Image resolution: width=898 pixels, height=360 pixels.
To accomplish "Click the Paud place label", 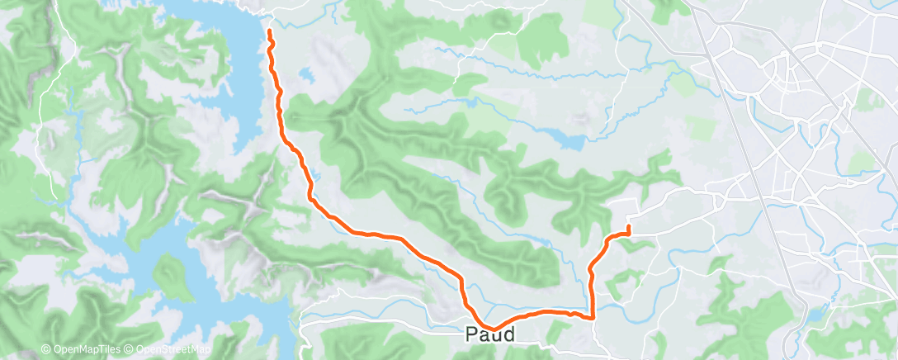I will point(490,335).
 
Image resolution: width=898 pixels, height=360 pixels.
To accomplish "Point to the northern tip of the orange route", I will point(270,31).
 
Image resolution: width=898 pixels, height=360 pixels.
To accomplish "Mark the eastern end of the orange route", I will point(629,226).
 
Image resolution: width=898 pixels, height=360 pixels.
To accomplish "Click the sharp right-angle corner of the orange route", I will point(593,316).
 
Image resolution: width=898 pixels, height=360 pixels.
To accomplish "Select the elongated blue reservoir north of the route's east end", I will point(569,140).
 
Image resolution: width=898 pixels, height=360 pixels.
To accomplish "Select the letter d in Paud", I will point(508,335).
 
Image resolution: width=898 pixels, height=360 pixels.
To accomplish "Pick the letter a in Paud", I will point(484,336).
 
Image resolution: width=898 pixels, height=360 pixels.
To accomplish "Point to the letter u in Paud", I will point(496,336).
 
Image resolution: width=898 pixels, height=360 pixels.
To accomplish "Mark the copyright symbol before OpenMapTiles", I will point(45,350).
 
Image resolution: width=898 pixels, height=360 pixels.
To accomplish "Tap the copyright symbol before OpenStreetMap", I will point(130,350).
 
